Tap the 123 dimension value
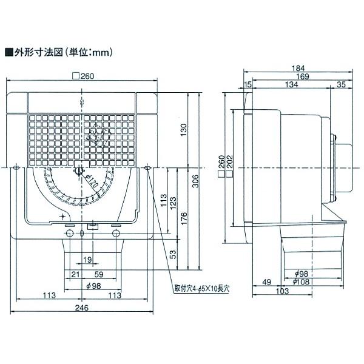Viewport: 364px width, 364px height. click(x=172, y=201)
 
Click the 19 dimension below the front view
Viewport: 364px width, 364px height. click(x=87, y=260)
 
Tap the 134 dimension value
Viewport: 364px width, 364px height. click(x=292, y=86)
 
